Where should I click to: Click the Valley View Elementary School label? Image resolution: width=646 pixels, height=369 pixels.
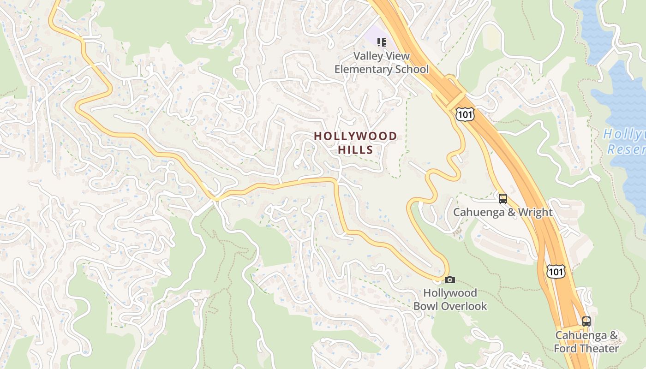pyautogui.click(x=381, y=63)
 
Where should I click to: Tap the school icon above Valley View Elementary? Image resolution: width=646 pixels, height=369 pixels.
pyautogui.click(x=381, y=42)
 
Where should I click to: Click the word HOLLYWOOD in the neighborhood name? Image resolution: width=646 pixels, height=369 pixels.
pyautogui.click(x=355, y=136)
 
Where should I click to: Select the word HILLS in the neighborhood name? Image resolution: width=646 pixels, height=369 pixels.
pyautogui.click(x=355, y=150)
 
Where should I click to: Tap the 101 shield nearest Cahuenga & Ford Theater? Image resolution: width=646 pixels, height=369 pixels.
pyautogui.click(x=556, y=272)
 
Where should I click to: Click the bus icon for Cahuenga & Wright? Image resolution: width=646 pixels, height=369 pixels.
pyautogui.click(x=503, y=199)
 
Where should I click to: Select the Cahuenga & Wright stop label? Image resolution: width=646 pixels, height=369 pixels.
pyautogui.click(x=502, y=212)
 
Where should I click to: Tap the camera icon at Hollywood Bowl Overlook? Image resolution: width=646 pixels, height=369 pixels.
pyautogui.click(x=450, y=280)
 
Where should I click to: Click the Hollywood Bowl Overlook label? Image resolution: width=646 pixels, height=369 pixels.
pyautogui.click(x=450, y=299)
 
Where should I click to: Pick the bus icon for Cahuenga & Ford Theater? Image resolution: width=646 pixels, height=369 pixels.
pyautogui.click(x=586, y=321)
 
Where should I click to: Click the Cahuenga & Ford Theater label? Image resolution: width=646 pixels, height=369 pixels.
pyautogui.click(x=586, y=342)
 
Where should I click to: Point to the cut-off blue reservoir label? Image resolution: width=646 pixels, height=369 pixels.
pyautogui.click(x=625, y=142)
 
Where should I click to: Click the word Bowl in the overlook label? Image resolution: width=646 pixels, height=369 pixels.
pyautogui.click(x=424, y=306)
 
